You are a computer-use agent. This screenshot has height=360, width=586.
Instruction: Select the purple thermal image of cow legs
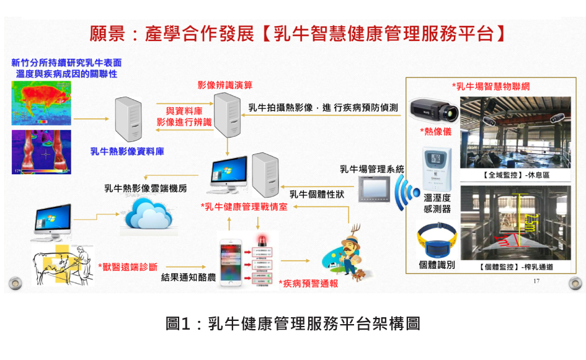click(x=42, y=152)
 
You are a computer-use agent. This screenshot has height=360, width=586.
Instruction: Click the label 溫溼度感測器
click(x=437, y=203)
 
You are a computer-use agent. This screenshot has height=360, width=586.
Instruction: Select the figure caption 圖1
click(x=293, y=323)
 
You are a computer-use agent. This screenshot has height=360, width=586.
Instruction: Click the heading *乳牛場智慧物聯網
click(x=486, y=86)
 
